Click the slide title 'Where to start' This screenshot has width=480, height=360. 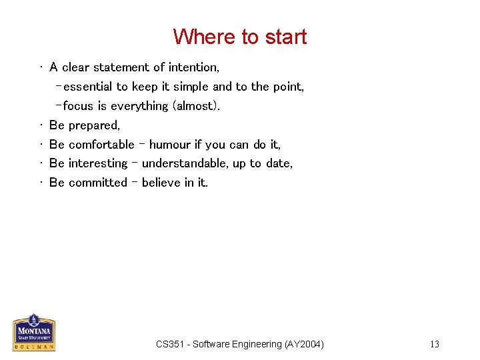240,37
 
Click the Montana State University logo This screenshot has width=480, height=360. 34,332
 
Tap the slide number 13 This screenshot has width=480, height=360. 434,344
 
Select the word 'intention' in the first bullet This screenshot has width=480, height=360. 193,67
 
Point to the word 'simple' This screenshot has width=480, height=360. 191,87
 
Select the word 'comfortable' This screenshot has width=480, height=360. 101,145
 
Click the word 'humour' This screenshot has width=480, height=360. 170,145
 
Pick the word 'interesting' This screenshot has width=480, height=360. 97,163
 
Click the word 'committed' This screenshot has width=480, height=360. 97,183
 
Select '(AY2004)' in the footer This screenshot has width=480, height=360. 303,344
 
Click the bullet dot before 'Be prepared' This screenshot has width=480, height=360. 41,125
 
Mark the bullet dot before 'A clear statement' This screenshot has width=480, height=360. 41,67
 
